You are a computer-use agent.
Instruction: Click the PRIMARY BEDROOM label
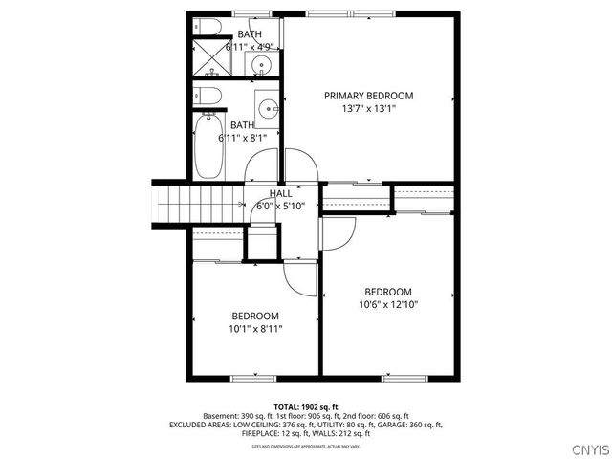click(368, 96)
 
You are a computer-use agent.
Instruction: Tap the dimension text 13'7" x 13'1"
click(368, 109)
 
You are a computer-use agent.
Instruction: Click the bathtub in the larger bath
click(209, 146)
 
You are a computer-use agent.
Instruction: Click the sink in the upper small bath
click(260, 66)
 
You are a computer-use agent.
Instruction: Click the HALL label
click(280, 194)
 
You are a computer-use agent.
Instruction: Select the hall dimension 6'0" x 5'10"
click(280, 207)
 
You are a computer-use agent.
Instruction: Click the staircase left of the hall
click(198, 203)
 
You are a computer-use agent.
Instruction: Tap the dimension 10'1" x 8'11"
click(255, 329)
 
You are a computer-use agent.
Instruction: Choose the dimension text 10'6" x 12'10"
click(388, 305)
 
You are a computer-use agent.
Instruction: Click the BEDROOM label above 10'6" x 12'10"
click(388, 292)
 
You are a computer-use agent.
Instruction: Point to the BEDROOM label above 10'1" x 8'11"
click(255, 316)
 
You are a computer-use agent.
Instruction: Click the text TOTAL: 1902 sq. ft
click(305, 406)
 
